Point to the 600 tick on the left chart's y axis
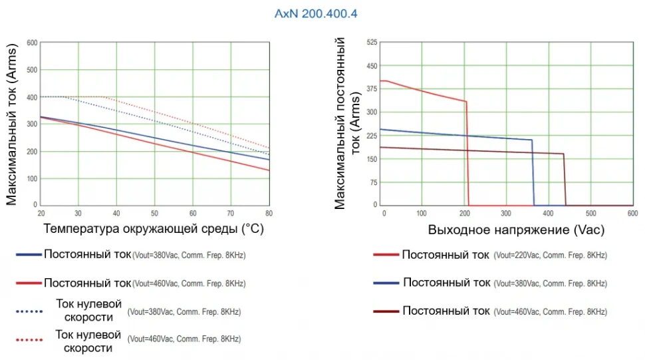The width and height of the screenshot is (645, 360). tap(31, 43)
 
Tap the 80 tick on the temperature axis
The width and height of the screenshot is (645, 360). tap(269, 213)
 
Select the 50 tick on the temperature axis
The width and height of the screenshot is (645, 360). tap(155, 213)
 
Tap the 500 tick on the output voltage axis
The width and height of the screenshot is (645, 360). tap(590, 213)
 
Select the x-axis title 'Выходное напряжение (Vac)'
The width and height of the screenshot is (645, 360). tap(517, 230)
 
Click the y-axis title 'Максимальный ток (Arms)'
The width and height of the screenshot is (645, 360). tap(12, 124)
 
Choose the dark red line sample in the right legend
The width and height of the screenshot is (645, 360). tap(386, 311)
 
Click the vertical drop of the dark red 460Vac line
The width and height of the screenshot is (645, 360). tap(565, 180)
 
